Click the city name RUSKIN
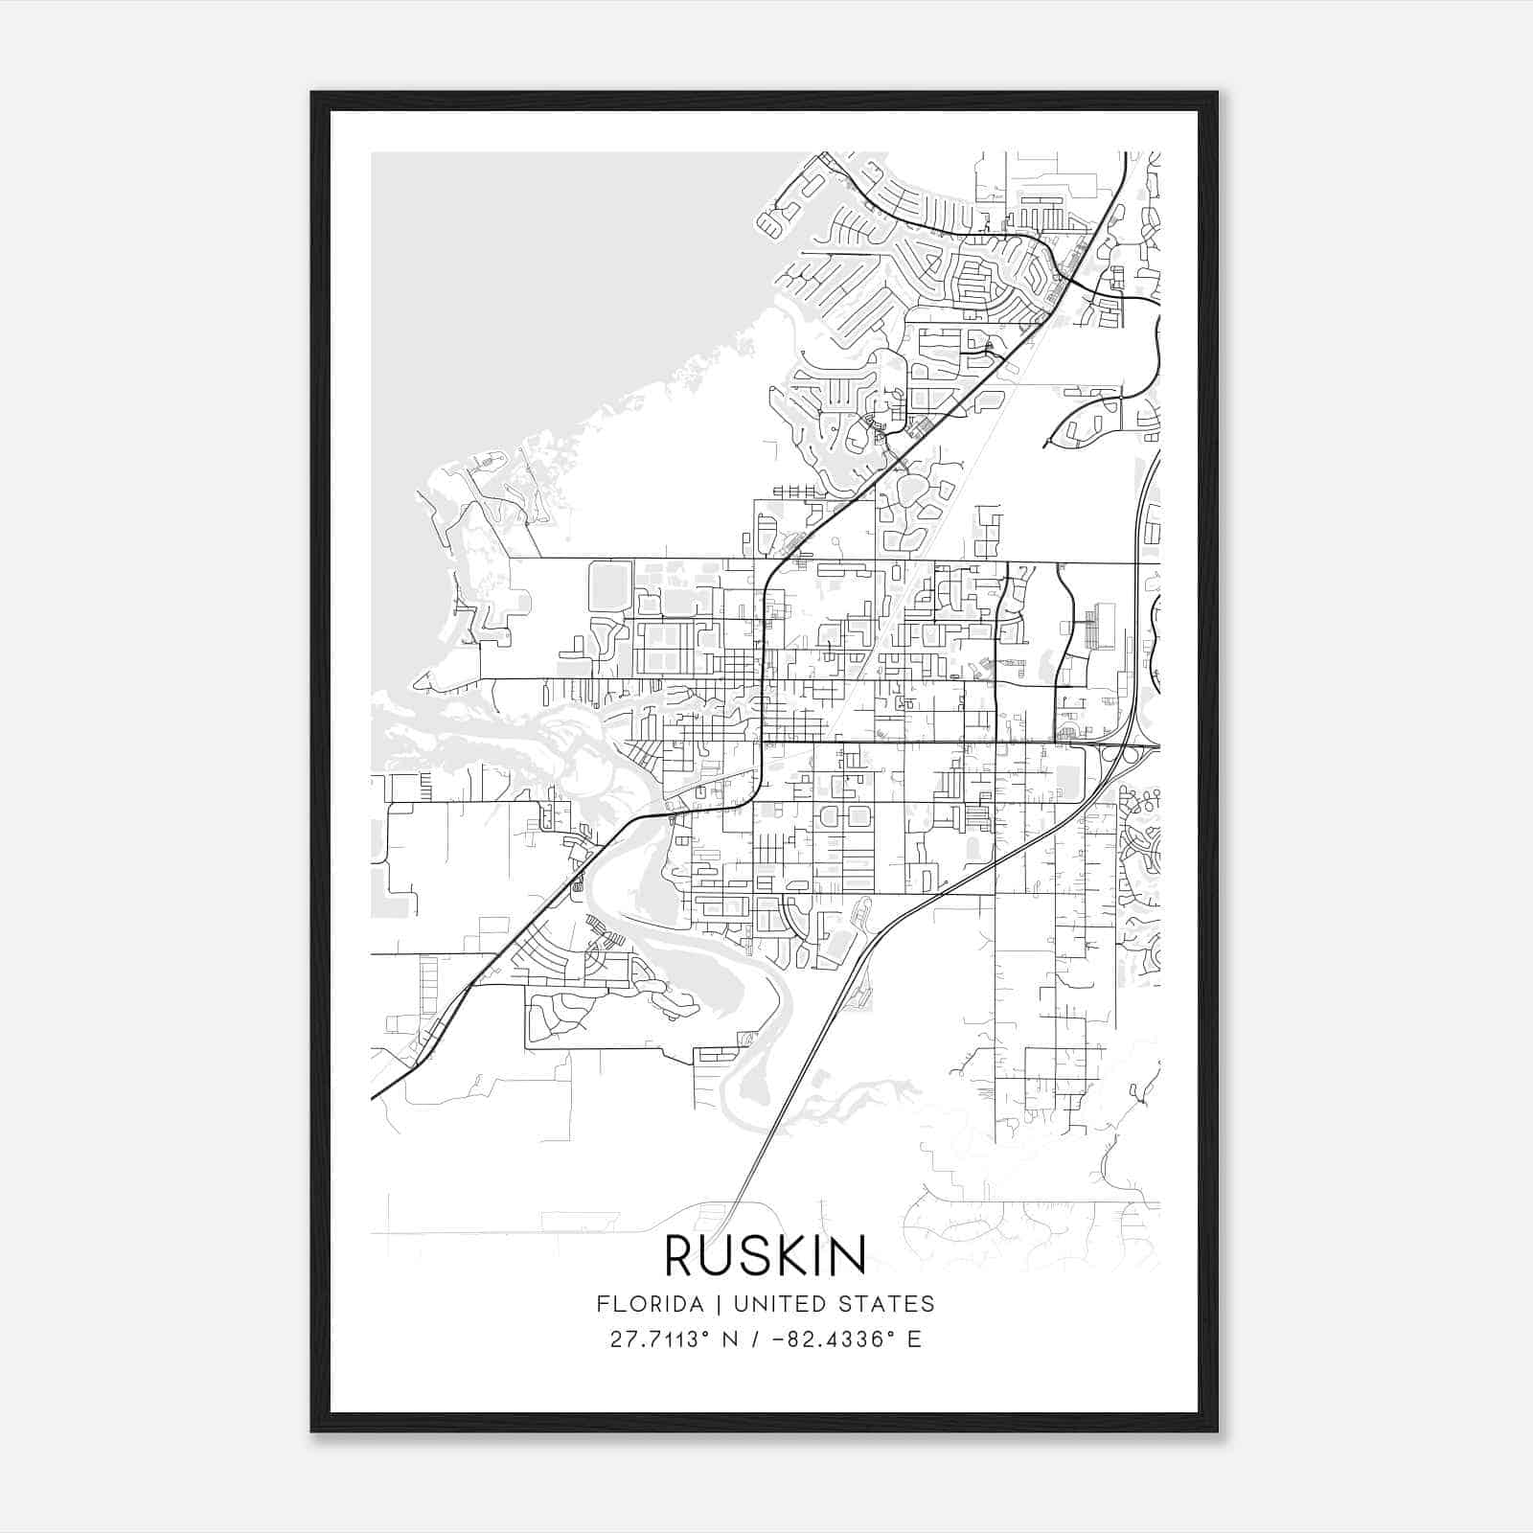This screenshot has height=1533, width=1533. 766,1256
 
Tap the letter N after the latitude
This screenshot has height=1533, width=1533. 730,1339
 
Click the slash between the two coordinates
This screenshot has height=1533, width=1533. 757,1339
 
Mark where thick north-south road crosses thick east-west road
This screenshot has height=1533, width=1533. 762,741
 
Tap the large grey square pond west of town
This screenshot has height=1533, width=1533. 609,586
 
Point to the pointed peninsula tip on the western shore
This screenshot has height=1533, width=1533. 418,686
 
